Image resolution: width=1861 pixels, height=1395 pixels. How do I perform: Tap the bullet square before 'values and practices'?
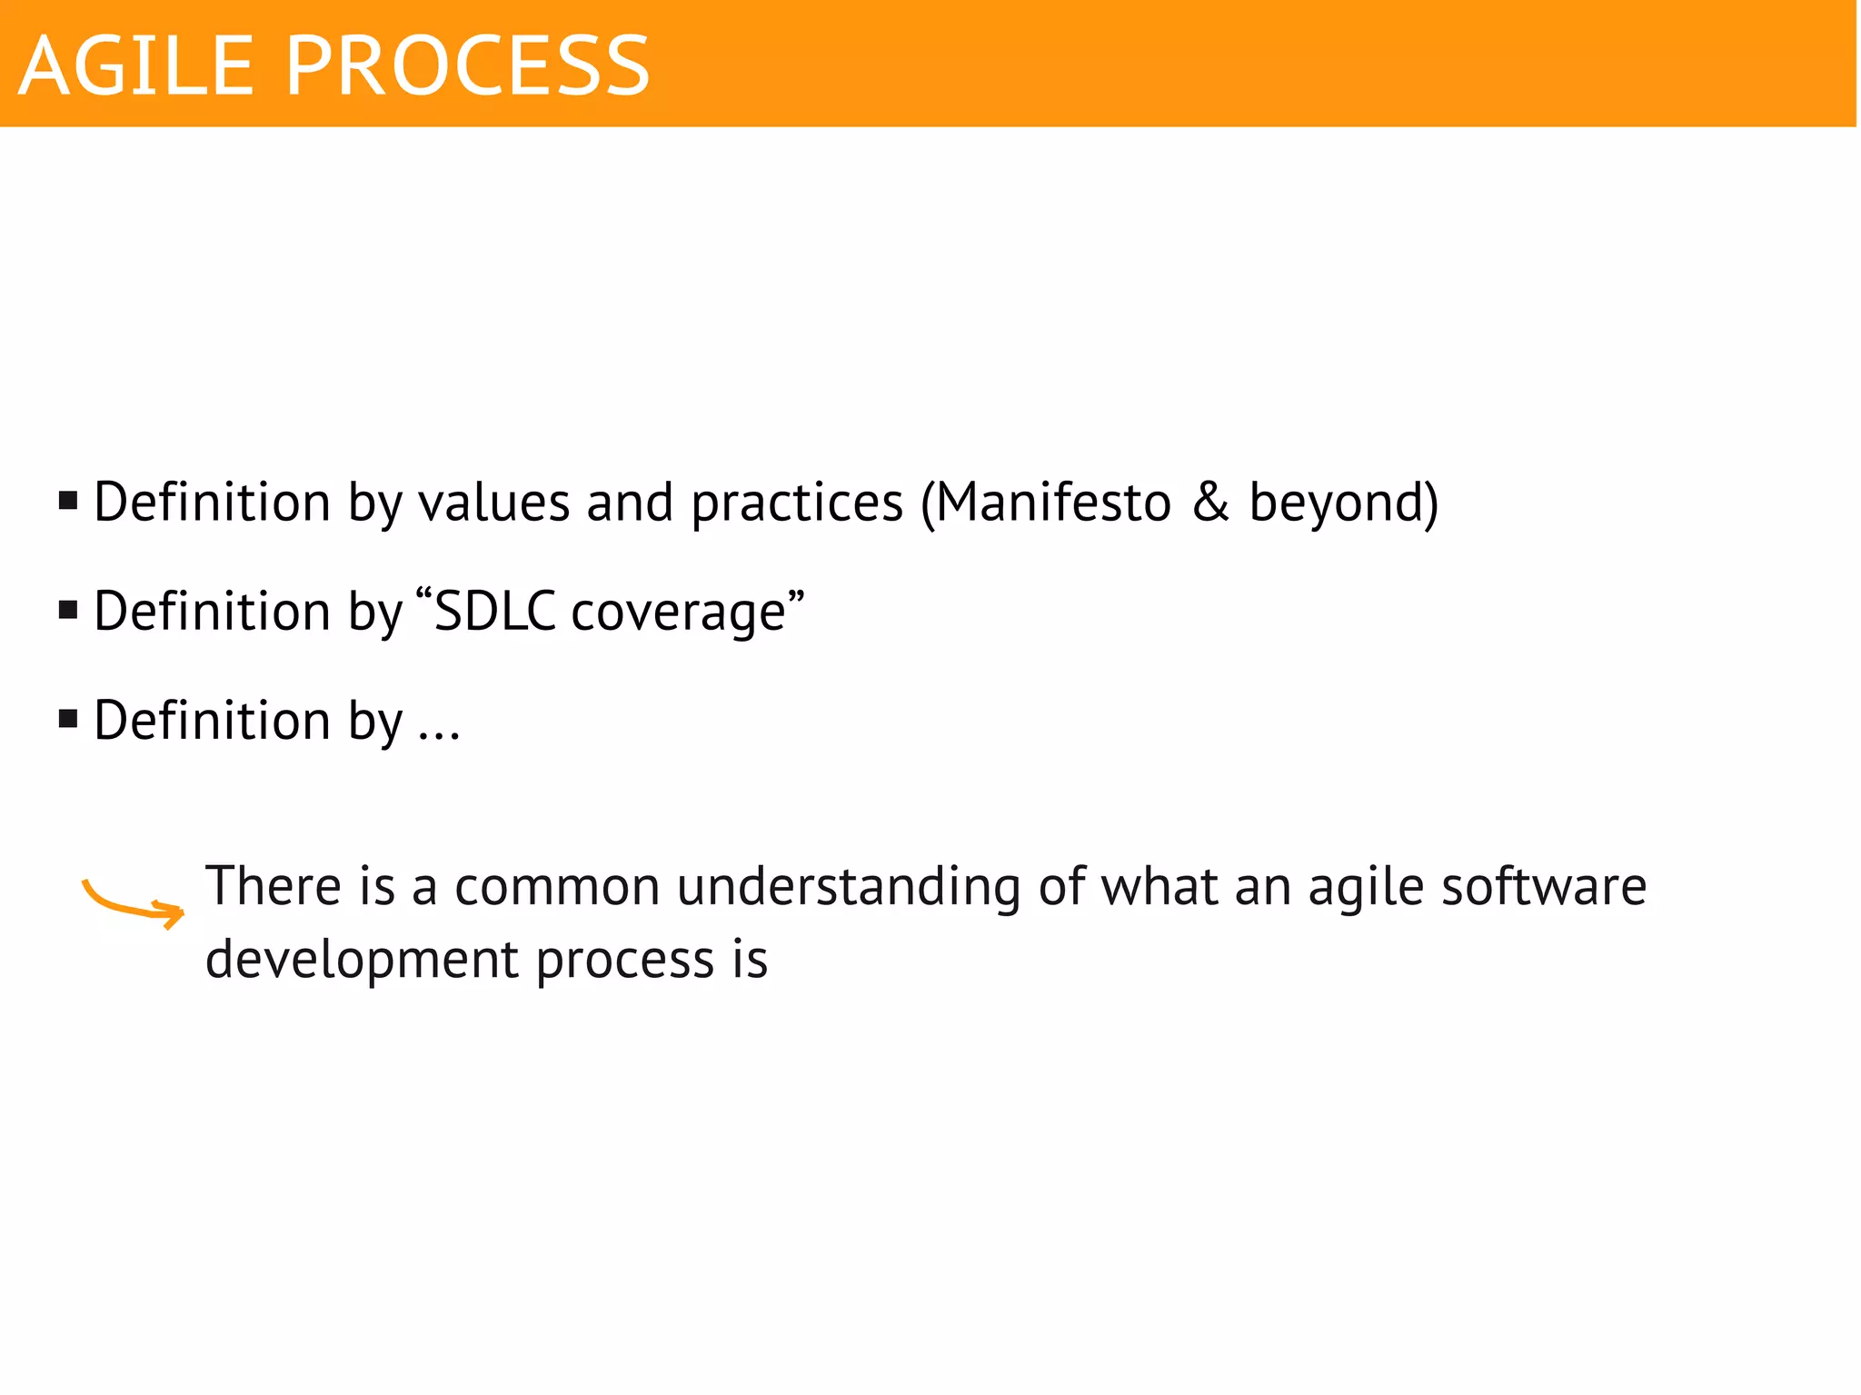pyautogui.click(x=68, y=501)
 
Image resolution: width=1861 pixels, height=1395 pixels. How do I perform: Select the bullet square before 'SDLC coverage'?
pyautogui.click(x=68, y=610)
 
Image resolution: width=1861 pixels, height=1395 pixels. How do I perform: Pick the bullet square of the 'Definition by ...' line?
pyautogui.click(x=68, y=720)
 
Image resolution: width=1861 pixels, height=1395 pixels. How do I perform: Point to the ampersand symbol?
pyautogui.click(x=1209, y=503)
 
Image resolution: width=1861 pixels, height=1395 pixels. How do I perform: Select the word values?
pyautogui.click(x=493, y=503)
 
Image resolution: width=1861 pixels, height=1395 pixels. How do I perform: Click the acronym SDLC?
pyautogui.click(x=495, y=611)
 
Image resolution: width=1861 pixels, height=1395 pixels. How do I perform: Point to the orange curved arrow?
pyautogui.click(x=133, y=902)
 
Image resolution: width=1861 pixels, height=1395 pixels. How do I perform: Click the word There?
pyautogui.click(x=274, y=886)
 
